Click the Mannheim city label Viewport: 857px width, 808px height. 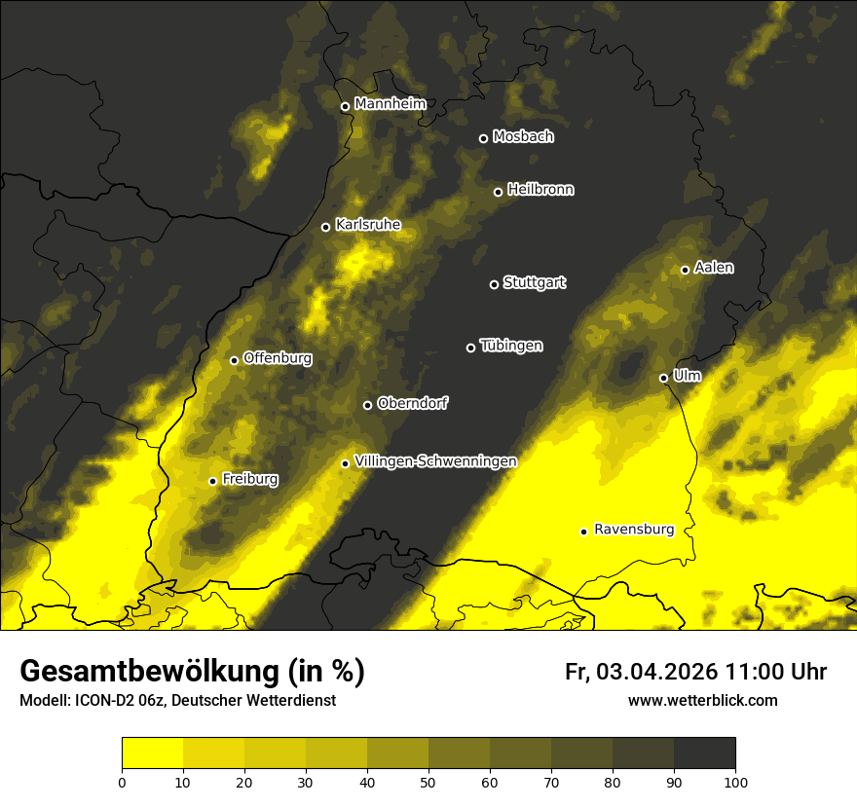tap(390, 103)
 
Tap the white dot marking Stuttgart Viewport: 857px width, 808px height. tap(494, 284)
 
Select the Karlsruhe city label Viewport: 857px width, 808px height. tap(367, 225)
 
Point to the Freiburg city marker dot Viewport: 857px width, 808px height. tap(212, 481)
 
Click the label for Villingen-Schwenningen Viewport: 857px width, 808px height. tap(435, 461)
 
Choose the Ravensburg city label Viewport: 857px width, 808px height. tap(633, 530)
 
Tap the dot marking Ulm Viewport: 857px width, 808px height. tap(663, 378)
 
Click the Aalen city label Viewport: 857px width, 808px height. tap(714, 268)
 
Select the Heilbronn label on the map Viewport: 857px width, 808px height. tap(540, 190)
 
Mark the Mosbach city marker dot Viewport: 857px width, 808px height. tap(483, 138)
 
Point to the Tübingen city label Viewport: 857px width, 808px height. tap(511, 346)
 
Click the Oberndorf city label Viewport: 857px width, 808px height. tap(412, 403)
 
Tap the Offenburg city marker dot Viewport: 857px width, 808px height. tap(234, 360)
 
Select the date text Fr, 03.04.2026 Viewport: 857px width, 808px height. tap(641, 672)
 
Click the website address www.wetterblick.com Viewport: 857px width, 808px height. tap(702, 701)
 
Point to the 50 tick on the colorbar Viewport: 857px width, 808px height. tap(428, 781)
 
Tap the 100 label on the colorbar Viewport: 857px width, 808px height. tap(734, 781)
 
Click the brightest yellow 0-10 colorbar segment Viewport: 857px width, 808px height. tap(152, 753)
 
